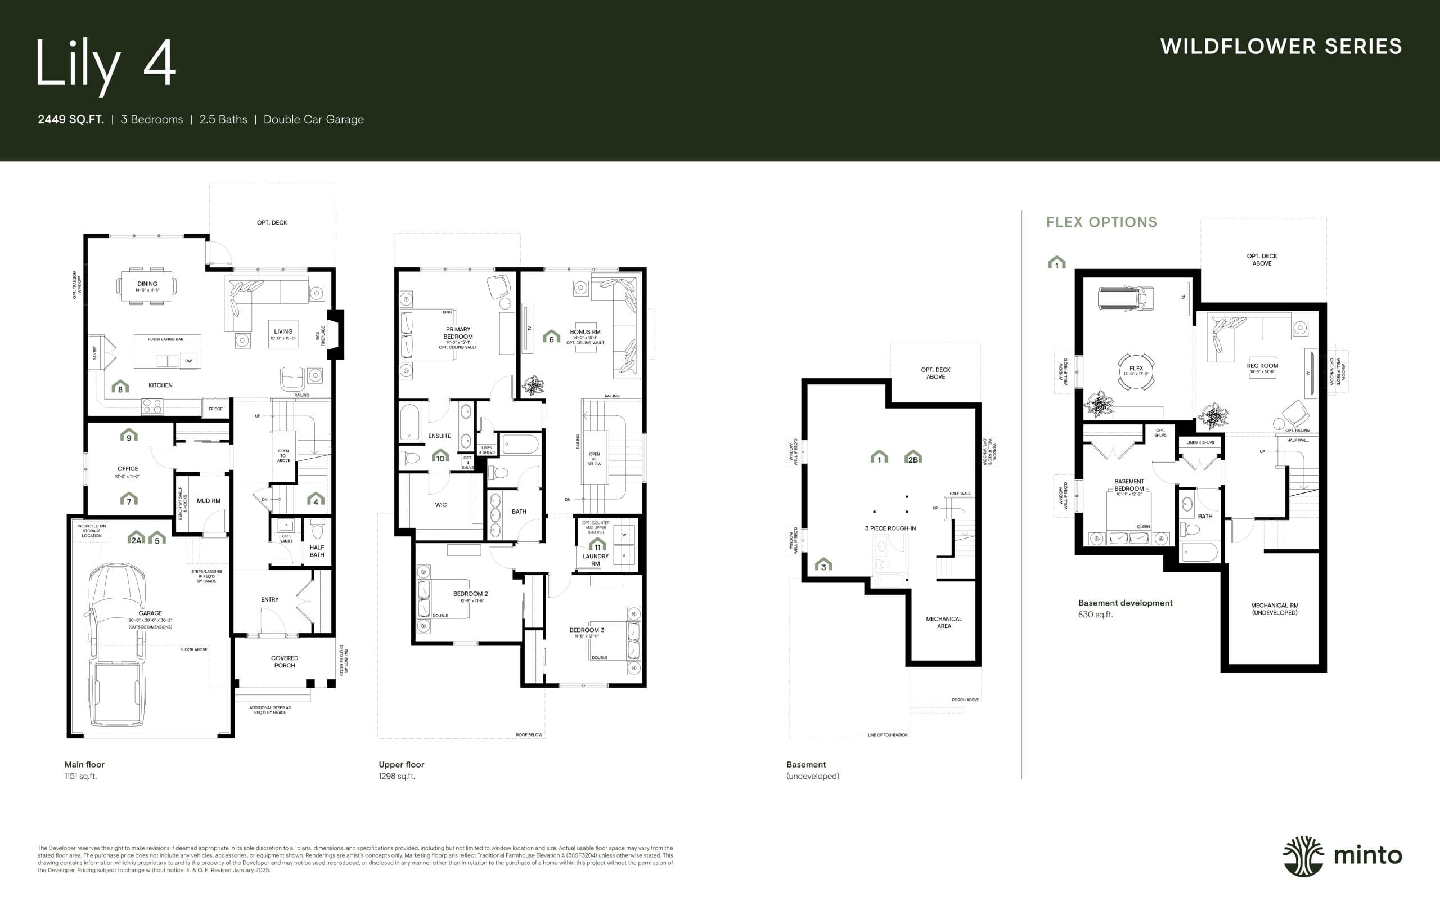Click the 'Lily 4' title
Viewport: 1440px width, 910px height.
click(106, 65)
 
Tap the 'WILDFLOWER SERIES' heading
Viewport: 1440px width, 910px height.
click(1281, 47)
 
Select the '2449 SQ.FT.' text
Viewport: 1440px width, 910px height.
click(70, 119)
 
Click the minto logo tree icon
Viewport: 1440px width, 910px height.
click(1303, 856)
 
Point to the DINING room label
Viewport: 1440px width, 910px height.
click(147, 284)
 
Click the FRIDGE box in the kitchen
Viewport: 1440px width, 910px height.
click(216, 409)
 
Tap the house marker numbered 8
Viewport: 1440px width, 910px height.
click(120, 388)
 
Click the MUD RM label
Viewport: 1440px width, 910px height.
click(209, 501)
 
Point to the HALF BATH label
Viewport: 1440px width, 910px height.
click(317, 551)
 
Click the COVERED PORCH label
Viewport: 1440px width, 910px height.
click(285, 661)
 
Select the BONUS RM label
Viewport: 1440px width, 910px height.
click(585, 332)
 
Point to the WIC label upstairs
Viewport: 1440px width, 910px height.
click(441, 505)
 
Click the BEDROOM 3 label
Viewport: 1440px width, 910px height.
click(587, 630)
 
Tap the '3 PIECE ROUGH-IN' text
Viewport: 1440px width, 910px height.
click(890, 528)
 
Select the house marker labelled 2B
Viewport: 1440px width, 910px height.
click(912, 458)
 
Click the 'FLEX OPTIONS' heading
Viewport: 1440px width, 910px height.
click(1101, 222)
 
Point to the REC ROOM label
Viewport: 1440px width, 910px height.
click(1262, 366)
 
